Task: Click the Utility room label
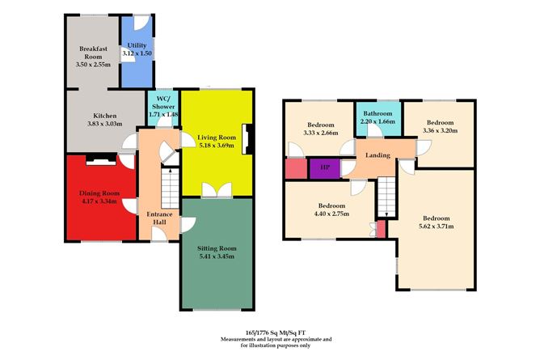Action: click(137, 45)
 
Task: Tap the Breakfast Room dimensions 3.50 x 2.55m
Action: click(93, 65)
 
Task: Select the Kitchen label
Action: click(105, 116)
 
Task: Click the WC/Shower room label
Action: click(163, 103)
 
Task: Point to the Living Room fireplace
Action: click(248, 139)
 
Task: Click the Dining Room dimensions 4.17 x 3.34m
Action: click(99, 201)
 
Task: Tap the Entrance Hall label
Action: click(159, 218)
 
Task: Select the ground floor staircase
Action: click(170, 188)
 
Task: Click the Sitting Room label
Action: click(217, 248)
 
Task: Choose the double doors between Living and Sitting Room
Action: click(217, 190)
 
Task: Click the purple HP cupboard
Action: click(325, 168)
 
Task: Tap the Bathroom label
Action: click(378, 113)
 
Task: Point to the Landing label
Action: click(378, 155)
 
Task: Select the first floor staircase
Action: click(386, 197)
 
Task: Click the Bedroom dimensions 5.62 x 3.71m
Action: click(437, 227)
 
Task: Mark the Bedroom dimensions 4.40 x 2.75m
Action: click(331, 214)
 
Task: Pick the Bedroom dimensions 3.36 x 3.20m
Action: click(440, 130)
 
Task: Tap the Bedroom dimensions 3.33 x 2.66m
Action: click(321, 133)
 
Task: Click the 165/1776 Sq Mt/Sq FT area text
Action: click(276, 332)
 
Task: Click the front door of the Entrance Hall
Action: click(159, 235)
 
